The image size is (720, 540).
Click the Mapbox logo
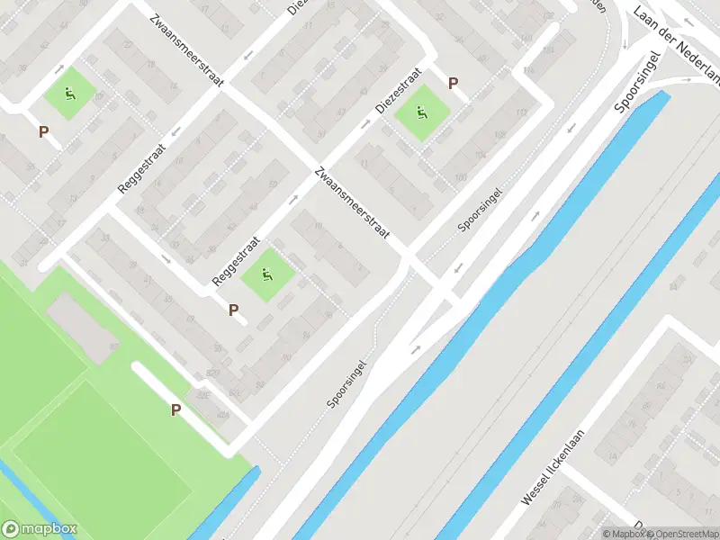(x=39, y=529)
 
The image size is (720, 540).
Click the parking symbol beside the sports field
(x=176, y=410)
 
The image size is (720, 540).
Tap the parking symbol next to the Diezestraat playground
(x=454, y=84)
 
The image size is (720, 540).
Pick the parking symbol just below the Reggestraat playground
(x=234, y=310)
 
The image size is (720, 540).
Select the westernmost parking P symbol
(x=43, y=131)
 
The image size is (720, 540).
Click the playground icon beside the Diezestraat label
(x=422, y=113)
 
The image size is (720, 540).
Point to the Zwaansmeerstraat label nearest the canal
(x=352, y=202)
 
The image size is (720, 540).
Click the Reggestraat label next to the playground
(x=236, y=262)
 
